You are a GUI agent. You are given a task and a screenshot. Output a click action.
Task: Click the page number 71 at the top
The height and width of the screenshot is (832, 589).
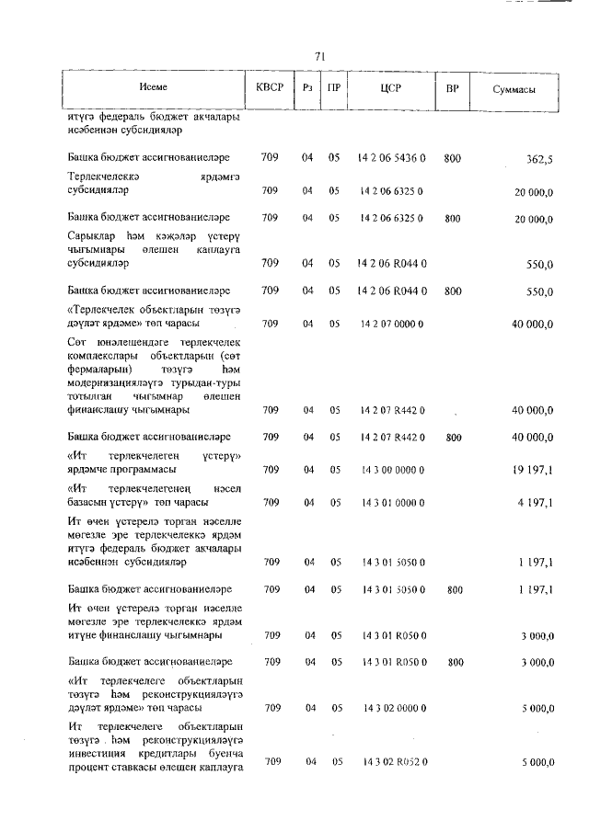click(x=320, y=56)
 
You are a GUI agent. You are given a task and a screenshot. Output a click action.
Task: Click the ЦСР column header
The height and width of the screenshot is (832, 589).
click(x=392, y=90)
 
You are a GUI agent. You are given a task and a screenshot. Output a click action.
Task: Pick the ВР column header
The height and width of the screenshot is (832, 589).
click(x=452, y=90)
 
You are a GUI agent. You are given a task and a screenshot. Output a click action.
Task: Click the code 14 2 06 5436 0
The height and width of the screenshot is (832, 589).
click(x=392, y=158)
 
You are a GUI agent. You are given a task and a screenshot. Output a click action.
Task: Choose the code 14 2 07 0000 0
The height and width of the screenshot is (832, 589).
click(x=392, y=324)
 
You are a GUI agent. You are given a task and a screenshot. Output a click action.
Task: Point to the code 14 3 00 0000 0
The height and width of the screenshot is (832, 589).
click(x=392, y=470)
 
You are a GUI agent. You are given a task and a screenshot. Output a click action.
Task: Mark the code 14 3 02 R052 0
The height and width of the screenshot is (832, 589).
click(x=392, y=761)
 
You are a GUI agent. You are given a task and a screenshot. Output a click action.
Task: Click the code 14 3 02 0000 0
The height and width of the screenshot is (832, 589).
click(x=392, y=708)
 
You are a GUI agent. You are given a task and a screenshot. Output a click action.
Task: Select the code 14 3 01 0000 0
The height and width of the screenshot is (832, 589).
click(x=392, y=503)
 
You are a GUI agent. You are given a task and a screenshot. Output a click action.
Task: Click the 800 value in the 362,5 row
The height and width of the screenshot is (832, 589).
click(x=452, y=158)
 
